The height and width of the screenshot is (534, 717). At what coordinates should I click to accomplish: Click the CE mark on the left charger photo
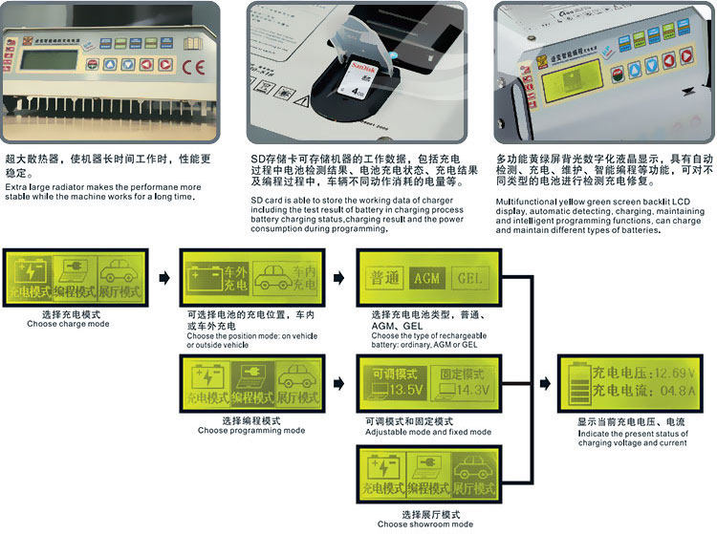(187, 67)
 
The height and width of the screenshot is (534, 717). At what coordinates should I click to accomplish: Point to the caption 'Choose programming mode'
(251, 430)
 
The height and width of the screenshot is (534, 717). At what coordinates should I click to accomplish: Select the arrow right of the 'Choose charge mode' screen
(163, 278)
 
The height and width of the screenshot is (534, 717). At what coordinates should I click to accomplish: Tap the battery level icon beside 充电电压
(576, 381)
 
